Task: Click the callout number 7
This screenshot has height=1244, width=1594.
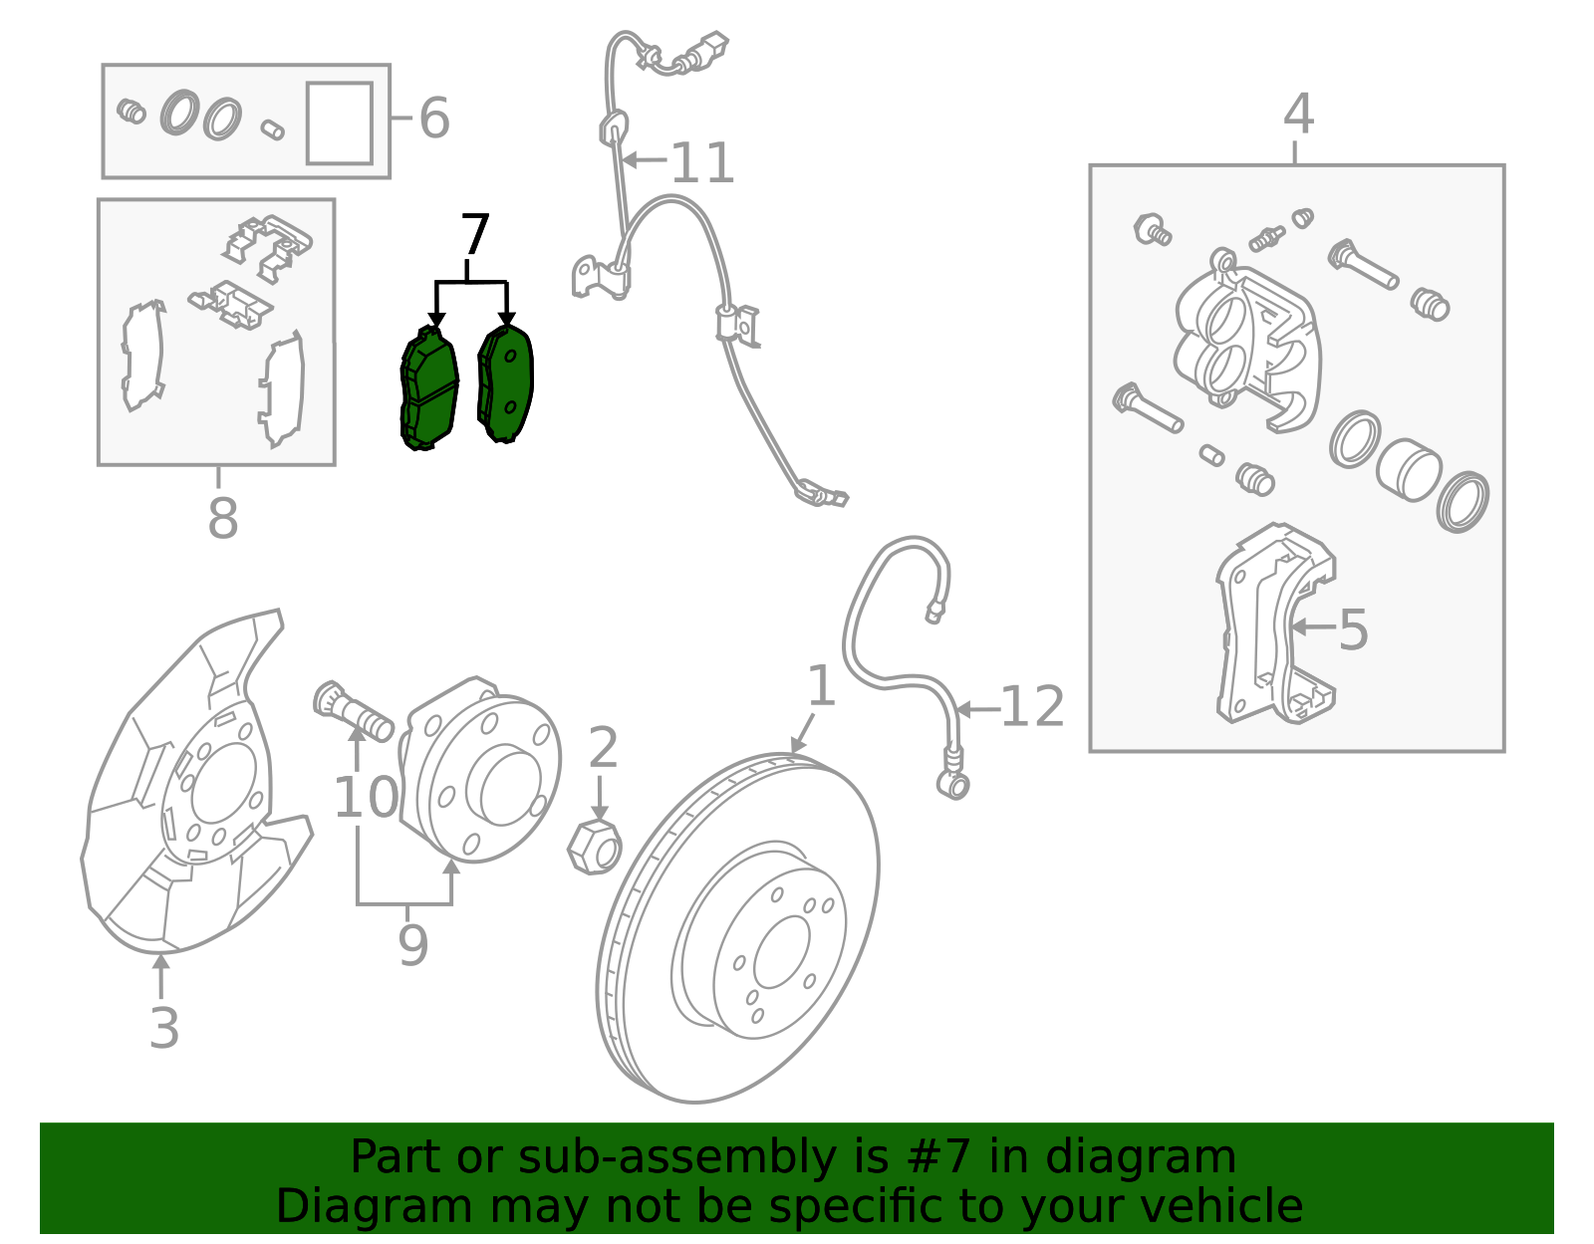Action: point(475,236)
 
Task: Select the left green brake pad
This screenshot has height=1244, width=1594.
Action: point(429,388)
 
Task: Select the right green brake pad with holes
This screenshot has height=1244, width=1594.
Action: point(506,383)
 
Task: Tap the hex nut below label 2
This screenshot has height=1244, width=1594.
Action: point(594,848)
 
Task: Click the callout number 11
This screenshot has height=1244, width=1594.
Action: point(702,162)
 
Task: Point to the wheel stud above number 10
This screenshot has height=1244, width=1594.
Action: point(354,709)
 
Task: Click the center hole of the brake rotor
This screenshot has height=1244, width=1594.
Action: point(782,952)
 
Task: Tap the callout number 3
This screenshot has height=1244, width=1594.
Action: point(164,1028)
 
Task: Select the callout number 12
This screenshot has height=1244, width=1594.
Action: point(1032,708)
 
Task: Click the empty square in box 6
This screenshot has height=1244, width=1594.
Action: point(340,123)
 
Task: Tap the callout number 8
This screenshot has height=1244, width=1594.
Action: point(222,519)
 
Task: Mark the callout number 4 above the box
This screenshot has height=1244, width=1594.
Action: point(1298,115)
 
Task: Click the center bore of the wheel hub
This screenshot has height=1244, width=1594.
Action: point(510,787)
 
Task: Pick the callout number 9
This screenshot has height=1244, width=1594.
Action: point(412,945)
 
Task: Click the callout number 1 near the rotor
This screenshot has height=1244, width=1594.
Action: point(820,687)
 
